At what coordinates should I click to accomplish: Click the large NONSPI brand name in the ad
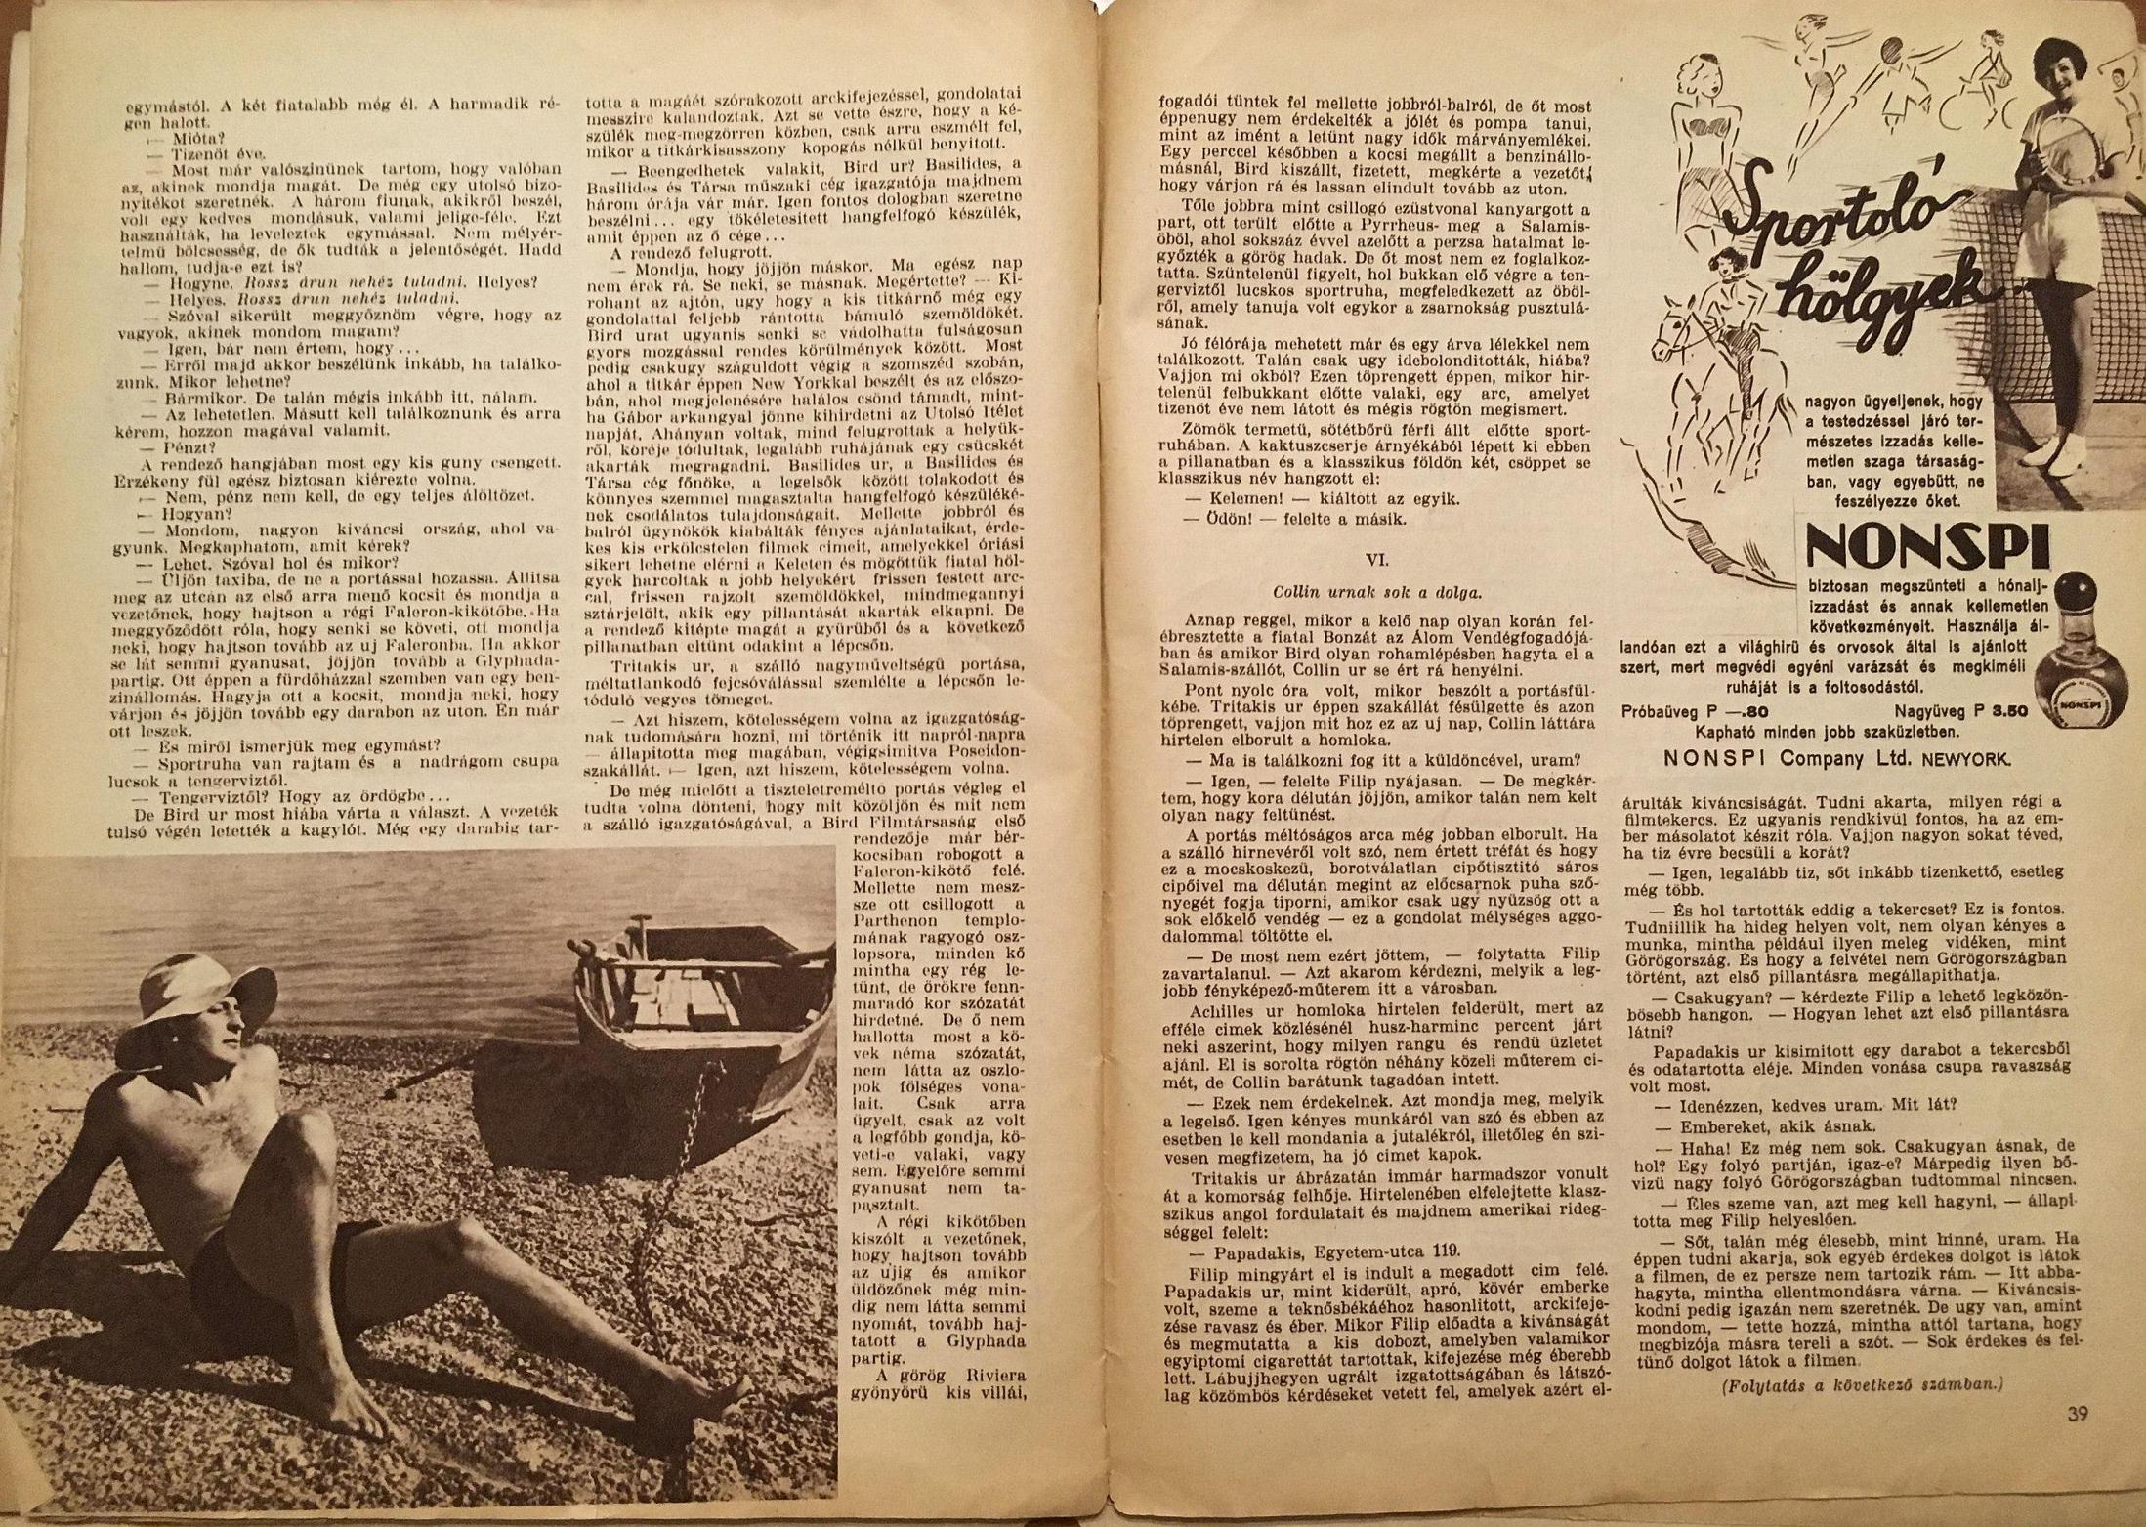1926,549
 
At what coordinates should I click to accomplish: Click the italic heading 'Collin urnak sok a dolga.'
1377,591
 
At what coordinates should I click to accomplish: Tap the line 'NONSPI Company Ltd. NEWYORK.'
1836,758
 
